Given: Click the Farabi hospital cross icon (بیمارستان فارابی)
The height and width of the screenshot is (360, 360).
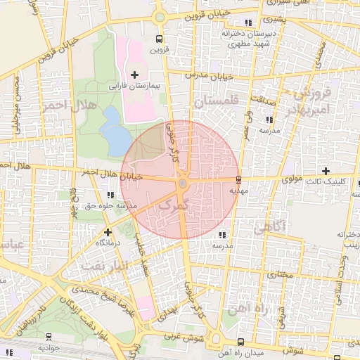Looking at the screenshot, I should (135, 75).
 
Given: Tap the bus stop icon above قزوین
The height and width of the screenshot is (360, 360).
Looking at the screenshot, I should (160, 39).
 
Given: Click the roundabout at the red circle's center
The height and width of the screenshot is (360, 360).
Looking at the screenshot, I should (182, 184).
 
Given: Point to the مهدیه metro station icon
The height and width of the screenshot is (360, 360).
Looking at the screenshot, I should (239, 179).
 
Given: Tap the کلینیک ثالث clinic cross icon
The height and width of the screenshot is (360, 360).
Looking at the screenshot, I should (326, 171).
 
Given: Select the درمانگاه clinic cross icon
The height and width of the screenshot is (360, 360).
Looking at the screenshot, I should (108, 231).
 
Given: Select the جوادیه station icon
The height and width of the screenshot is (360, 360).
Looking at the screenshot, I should (48, 337).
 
